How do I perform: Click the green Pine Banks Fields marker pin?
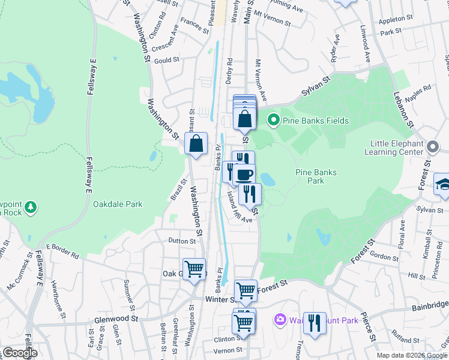click(x=274, y=121)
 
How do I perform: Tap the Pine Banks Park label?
click(x=316, y=176)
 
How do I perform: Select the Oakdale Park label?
click(x=118, y=204)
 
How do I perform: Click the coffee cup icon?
click(x=244, y=175)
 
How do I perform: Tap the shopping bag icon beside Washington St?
click(x=196, y=144)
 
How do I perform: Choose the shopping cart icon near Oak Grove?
click(x=194, y=269)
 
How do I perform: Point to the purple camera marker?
click(x=279, y=320)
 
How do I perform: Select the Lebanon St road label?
click(x=403, y=106)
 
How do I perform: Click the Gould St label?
click(x=167, y=60)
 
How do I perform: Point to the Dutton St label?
click(x=182, y=241)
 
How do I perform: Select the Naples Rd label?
click(x=419, y=91)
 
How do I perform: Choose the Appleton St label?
click(x=396, y=19)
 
